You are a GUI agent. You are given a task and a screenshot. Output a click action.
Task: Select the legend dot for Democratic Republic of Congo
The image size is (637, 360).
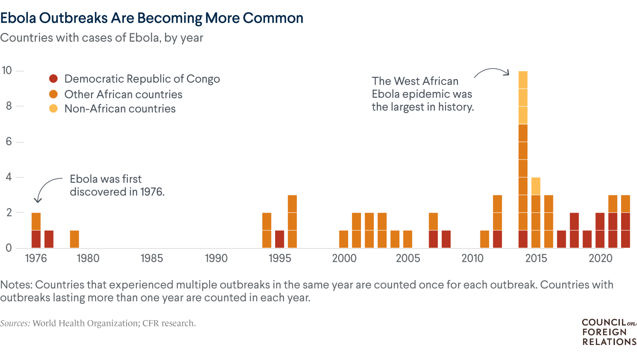(x=53, y=79)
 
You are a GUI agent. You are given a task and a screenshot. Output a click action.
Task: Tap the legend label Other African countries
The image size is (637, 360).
(x=123, y=94)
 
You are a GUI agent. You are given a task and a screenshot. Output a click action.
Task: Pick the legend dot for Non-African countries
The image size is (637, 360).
(x=53, y=109)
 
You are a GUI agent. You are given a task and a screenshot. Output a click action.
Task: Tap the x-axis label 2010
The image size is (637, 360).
(x=472, y=258)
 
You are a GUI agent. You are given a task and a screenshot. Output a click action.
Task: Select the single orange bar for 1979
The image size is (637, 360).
(x=75, y=239)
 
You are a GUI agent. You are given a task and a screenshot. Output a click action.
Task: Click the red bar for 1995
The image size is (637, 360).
(x=280, y=239)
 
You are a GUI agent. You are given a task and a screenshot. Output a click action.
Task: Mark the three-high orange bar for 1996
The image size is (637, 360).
(x=292, y=221)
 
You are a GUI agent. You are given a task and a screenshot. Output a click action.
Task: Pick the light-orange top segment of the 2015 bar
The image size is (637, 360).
(x=536, y=186)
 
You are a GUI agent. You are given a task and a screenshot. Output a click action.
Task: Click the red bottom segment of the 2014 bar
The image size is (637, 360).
(x=523, y=239)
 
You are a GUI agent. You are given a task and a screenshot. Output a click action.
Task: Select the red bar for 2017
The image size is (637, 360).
(x=561, y=239)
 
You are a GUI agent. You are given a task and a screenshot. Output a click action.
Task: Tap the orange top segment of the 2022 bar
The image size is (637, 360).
(x=625, y=203)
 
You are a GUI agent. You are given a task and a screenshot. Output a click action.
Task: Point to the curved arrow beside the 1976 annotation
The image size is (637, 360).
(x=46, y=188)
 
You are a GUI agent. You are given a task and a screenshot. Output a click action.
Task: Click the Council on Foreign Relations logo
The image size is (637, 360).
(x=609, y=332)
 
